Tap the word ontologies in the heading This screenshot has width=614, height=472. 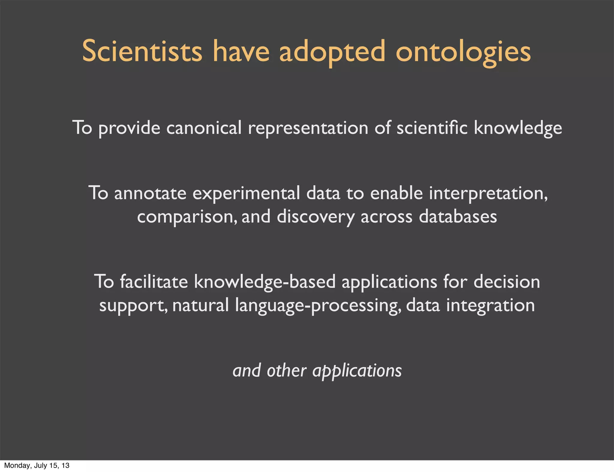click(463, 52)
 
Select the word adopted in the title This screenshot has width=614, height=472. click(332, 52)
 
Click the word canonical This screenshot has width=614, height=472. click(204, 128)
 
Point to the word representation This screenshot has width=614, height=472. click(308, 128)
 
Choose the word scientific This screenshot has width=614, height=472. click(432, 128)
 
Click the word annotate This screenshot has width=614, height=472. click(150, 193)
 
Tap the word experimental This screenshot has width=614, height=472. click(246, 193)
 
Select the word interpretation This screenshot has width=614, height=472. click(488, 193)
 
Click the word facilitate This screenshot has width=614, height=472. click(154, 282)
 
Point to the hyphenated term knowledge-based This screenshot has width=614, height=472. click(265, 282)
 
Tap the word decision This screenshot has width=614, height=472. click(507, 282)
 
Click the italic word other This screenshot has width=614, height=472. click(286, 371)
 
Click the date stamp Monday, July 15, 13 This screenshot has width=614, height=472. click(37, 465)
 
